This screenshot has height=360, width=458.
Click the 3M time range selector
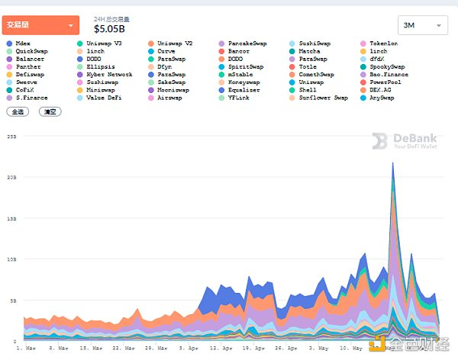pyautogui.click(x=422, y=25)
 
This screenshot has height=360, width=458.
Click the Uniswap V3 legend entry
pyautogui.click(x=104, y=43)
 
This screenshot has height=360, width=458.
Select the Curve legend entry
pyautogui.click(x=166, y=51)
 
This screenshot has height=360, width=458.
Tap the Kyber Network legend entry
pyautogui.click(x=110, y=75)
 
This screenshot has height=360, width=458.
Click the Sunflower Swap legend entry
pyautogui.click(x=323, y=98)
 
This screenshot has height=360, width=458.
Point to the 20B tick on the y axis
pyautogui.click(x=11, y=177)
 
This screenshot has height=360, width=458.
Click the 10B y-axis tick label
pyautogui.click(x=11, y=259)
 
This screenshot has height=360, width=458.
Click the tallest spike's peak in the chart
pyautogui.click(x=392, y=162)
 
